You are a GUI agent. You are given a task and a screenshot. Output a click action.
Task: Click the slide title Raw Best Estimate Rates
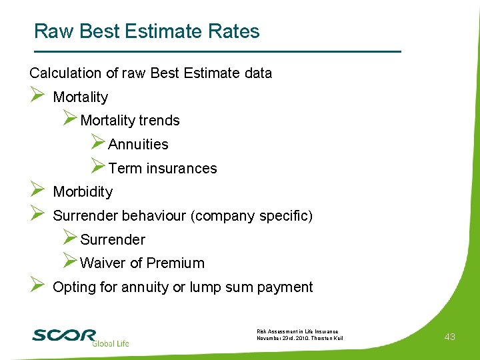pos(147,31)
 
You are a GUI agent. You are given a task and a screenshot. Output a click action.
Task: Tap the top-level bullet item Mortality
pos(80,97)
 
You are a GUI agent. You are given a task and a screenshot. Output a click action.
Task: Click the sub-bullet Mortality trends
pos(130,121)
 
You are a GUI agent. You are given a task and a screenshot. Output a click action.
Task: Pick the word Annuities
pos(138,145)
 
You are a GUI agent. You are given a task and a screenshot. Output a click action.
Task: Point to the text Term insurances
pos(163,169)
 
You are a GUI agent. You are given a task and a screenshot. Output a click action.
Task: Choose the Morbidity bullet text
pos(83,192)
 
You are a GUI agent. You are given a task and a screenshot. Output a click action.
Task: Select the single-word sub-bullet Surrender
pos(113,240)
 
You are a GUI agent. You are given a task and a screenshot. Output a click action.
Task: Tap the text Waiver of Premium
pos(142,263)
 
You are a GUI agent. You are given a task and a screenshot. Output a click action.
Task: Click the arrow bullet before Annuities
pos(97,143)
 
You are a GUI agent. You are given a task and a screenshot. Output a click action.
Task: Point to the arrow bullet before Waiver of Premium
pos(70,261)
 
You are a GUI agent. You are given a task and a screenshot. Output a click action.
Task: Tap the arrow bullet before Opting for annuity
pos(37,286)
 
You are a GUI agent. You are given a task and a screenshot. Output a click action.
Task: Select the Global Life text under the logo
pos(110,343)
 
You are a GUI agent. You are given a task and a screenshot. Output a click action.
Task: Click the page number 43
pos(449,337)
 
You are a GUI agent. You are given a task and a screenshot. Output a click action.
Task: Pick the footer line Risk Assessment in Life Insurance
pos(297,331)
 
